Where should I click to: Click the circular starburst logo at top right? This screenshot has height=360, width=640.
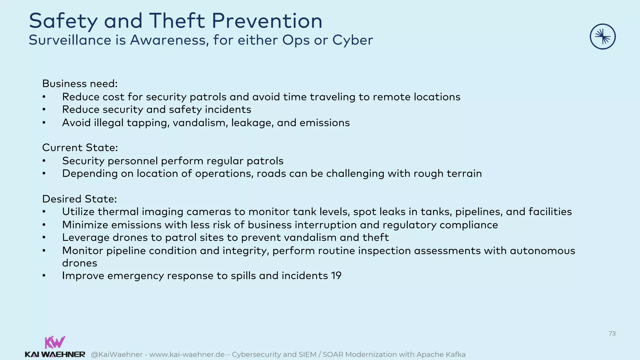602,37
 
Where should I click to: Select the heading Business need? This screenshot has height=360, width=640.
80,84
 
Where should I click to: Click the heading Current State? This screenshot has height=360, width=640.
80,147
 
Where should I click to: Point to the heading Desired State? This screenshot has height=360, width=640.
79,199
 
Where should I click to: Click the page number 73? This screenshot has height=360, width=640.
612,333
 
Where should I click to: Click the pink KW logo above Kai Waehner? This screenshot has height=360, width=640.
55,342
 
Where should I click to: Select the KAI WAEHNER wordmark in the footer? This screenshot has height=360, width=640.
55,354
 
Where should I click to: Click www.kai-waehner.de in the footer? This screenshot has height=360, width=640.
187,354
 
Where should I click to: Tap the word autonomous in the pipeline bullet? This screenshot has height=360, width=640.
542,251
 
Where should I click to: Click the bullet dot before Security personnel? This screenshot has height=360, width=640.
44,161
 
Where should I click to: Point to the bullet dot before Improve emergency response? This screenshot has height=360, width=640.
44,276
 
